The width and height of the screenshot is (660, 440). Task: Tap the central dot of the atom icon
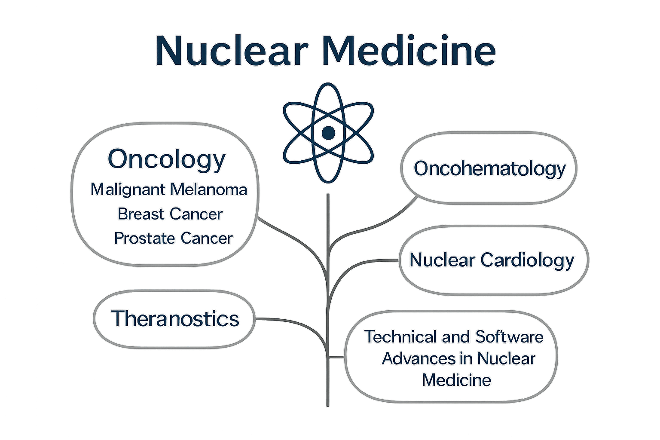328,133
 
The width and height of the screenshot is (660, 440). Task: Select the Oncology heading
166,159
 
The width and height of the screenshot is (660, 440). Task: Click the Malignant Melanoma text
169,189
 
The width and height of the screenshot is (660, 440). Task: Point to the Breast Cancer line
170,214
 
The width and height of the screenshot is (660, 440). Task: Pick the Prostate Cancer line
173,238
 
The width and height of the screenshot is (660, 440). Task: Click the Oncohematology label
489,168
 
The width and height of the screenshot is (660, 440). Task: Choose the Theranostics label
175,319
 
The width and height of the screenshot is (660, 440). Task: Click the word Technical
400,337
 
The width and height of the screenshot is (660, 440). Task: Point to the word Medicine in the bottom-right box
456,380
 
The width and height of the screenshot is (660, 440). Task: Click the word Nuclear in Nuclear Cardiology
442,260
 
